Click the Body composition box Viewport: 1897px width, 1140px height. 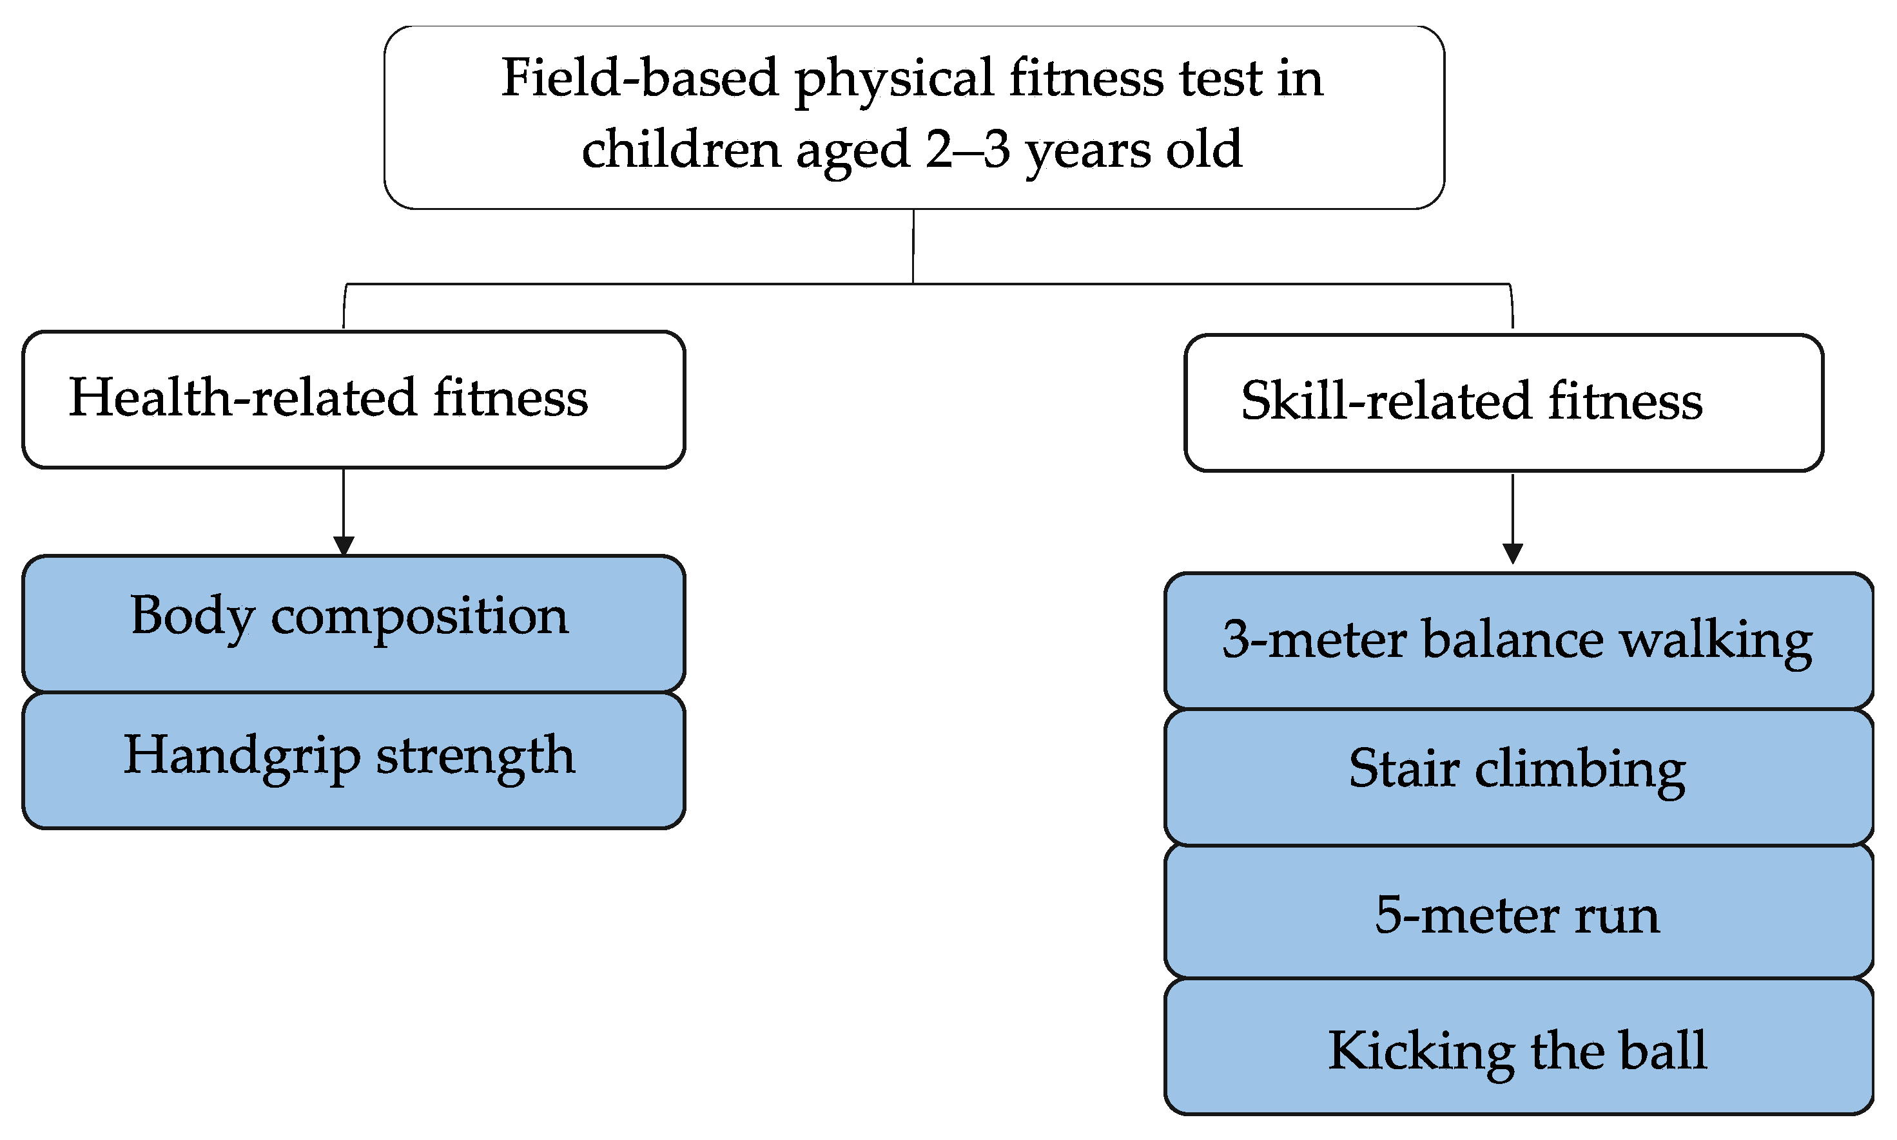pyautogui.click(x=354, y=623)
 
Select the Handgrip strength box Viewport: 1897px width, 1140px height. pyautogui.click(x=354, y=761)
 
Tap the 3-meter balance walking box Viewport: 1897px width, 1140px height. pyautogui.click(x=1519, y=641)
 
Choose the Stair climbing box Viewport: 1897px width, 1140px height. pyautogui.click(x=1519, y=777)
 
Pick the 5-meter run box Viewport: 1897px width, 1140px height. pyautogui.click(x=1519, y=912)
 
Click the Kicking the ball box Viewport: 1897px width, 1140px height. pyautogui.click(x=1519, y=1046)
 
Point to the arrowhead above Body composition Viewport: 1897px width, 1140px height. pyautogui.click(x=344, y=546)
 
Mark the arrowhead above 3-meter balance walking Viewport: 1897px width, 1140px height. pyautogui.click(x=1513, y=554)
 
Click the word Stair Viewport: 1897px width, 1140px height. pyautogui.click(x=1403, y=768)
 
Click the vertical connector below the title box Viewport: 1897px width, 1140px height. pyautogui.click(x=913, y=247)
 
